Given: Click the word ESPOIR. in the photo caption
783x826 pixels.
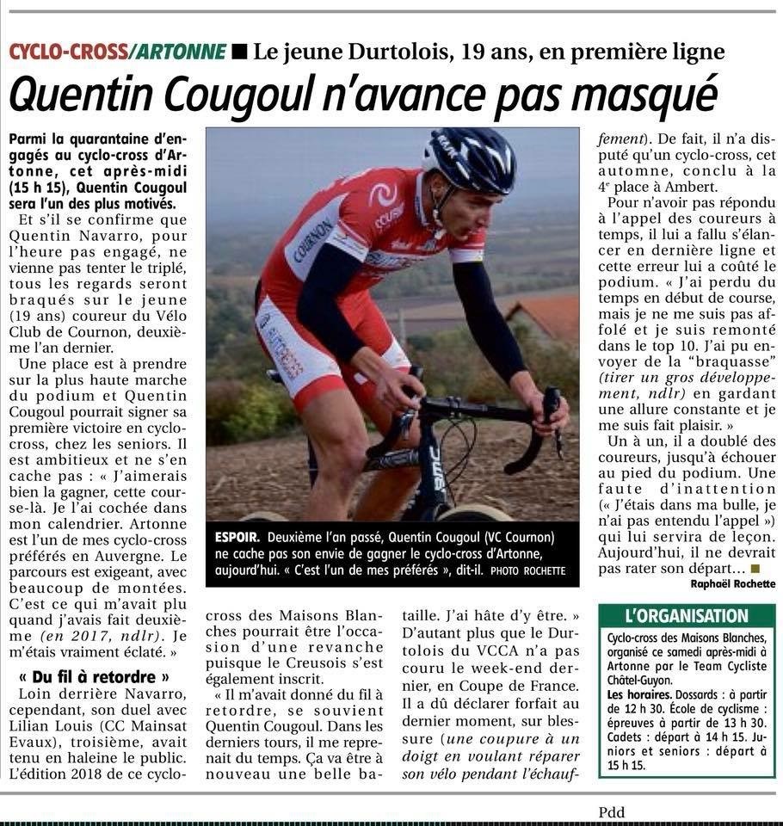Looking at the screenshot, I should click(234, 538).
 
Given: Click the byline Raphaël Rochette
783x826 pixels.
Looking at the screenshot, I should click(732, 583).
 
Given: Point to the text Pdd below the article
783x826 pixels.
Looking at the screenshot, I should click(612, 812).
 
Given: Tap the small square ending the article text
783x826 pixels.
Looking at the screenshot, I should click(755, 568).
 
